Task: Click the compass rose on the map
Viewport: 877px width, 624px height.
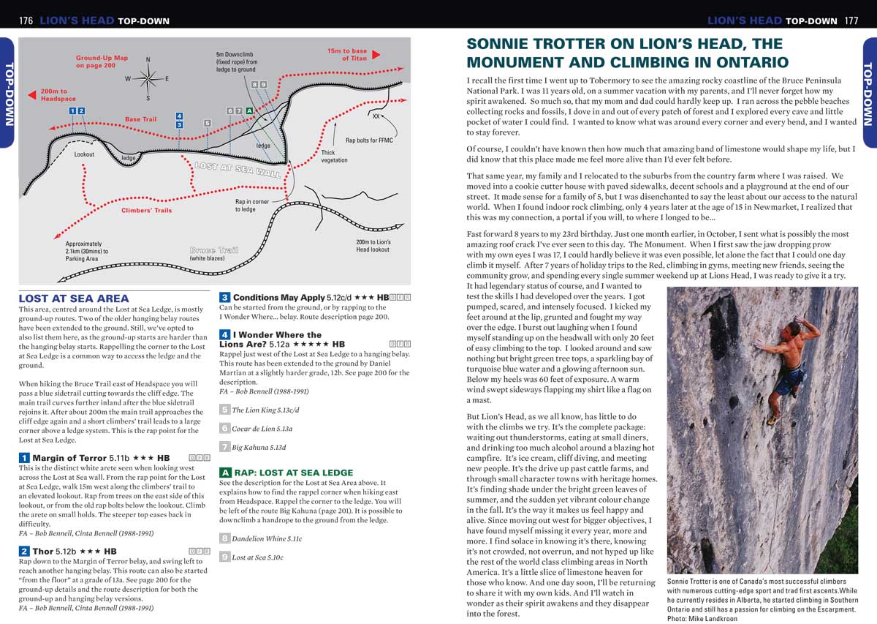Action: (148, 78)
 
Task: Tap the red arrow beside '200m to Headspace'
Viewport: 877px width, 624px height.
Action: (31, 94)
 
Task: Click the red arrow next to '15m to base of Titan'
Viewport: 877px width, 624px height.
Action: (376, 55)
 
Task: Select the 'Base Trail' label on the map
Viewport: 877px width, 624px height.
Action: (140, 119)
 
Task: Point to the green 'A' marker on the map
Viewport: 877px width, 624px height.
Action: (249, 110)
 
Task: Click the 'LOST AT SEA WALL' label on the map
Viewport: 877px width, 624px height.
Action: (238, 170)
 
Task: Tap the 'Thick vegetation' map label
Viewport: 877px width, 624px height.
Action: (335, 157)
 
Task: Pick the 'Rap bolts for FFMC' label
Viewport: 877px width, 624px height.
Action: (369, 140)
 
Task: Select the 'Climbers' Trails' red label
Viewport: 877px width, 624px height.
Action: (146, 211)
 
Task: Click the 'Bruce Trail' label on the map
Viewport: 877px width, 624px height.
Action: (213, 250)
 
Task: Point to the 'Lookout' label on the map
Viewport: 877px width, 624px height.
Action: (84, 154)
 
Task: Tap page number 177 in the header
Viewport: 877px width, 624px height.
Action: (851, 20)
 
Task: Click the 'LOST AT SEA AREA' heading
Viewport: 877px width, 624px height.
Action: (73, 298)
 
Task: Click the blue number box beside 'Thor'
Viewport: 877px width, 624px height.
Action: (24, 551)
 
